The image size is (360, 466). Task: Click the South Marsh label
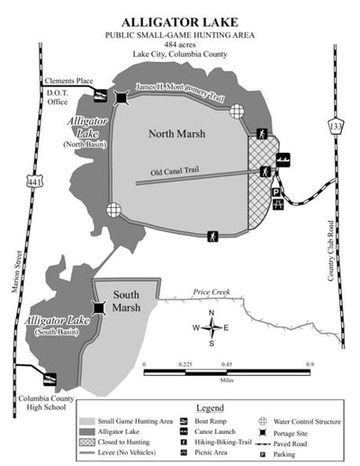point(126,302)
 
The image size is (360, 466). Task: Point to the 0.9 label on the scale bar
point(310,364)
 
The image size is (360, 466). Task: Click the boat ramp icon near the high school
point(50,379)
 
